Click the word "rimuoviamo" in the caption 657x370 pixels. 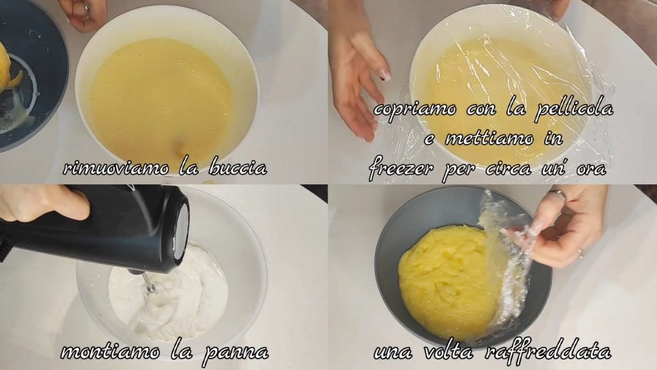click(x=116, y=169)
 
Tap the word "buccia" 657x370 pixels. click(x=237, y=168)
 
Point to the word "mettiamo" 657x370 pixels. click(x=488, y=138)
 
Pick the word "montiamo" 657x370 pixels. click(x=110, y=351)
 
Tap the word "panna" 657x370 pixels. click(x=235, y=353)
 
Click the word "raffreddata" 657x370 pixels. click(x=547, y=350)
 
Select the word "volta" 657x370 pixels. click(x=448, y=351)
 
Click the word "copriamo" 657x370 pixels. click(x=414, y=110)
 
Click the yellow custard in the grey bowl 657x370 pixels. click(x=444, y=279)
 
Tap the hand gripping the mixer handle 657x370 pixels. click(x=42, y=203)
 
